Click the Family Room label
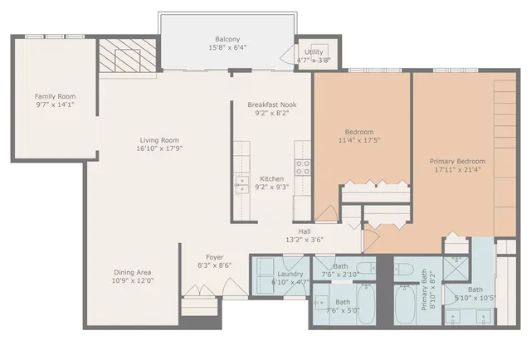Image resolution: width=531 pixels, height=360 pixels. pyautogui.click(x=55, y=96)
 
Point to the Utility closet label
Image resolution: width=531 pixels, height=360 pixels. pyautogui.click(x=314, y=51)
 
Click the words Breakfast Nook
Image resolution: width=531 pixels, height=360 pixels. pyautogui.click(x=271, y=105)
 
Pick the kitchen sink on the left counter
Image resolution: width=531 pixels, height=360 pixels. pyautogui.click(x=241, y=183)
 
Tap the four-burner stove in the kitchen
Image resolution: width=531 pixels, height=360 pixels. pyautogui.click(x=303, y=168)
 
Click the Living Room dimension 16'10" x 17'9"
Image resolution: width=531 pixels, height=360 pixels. pyautogui.click(x=158, y=150)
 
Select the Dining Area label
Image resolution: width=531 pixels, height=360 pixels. pyautogui.click(x=133, y=272)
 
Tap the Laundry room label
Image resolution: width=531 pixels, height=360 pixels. pyautogui.click(x=290, y=273)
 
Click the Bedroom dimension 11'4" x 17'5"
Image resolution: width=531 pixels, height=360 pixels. pyautogui.click(x=359, y=142)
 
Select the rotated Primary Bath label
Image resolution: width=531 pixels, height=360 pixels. pyautogui.click(x=426, y=288)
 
